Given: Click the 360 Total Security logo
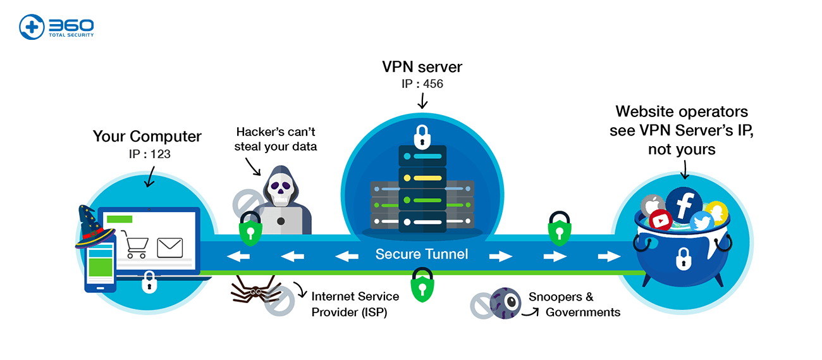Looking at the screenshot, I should point(56,27).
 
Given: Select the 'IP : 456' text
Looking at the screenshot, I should point(422,84).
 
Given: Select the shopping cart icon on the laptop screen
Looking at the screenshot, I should point(136,245).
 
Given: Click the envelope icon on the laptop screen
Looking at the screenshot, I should point(169,247).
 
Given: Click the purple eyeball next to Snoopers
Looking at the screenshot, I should point(505,302).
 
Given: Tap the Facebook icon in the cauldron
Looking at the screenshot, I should point(684,204).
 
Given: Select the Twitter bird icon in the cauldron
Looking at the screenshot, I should point(701,221).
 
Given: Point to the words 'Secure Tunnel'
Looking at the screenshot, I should point(422,254).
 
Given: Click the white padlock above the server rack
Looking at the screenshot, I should point(422,135).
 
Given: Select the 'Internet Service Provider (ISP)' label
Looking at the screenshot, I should point(355,304).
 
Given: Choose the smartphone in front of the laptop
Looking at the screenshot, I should point(99,266).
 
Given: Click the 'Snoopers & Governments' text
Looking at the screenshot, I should point(574,304).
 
